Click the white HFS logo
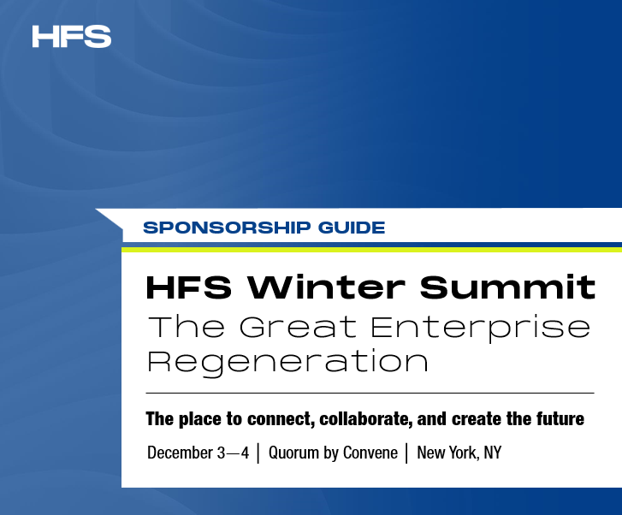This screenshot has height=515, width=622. pos(71,37)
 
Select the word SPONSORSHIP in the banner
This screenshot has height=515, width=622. pos(227,228)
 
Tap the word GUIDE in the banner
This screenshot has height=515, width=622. pos(352,228)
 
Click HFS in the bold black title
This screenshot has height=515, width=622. pos(189,287)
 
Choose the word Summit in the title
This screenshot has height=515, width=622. pos(507,287)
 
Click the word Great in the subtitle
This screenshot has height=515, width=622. pos(298,327)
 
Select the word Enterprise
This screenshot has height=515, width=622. pos(480,329)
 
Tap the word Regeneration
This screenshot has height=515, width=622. pos(288,363)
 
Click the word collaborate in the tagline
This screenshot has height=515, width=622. pos(365,419)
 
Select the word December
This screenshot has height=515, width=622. pos(180,453)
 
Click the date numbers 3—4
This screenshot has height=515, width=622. pos(233,453)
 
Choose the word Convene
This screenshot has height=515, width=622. pos(370,453)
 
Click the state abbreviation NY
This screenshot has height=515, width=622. pos(492,453)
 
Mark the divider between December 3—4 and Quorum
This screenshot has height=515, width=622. pos(258,453)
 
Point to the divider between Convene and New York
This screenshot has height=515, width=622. pos(407,453)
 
